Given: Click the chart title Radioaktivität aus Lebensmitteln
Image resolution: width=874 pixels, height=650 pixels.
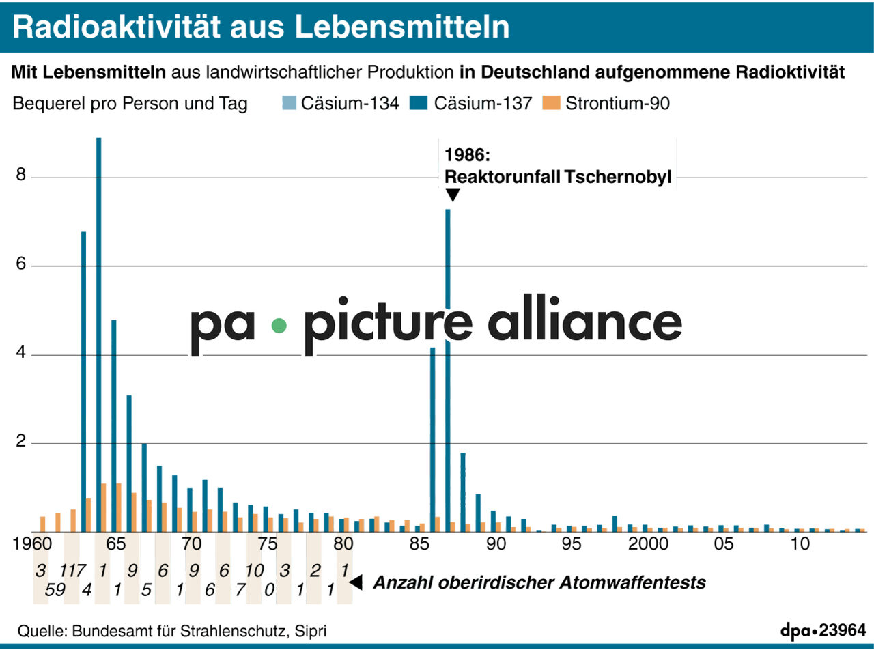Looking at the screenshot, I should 261,26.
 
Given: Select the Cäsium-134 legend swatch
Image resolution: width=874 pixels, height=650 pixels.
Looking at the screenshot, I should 288,104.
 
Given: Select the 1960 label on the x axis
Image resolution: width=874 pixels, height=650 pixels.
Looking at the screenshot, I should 32,544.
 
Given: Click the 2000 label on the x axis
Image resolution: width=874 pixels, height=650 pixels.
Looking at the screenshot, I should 648,544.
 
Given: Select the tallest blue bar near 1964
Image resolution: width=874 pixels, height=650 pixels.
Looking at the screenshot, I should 99,335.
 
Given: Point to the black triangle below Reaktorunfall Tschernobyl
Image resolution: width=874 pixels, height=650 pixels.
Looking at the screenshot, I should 452,195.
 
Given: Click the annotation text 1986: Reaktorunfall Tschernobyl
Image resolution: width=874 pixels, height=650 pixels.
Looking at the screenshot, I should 557,166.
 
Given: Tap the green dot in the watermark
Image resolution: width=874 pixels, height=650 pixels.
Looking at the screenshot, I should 279,326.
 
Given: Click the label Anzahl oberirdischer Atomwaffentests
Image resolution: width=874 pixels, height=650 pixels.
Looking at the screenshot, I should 539,583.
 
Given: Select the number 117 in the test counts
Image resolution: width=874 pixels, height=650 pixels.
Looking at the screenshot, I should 72,571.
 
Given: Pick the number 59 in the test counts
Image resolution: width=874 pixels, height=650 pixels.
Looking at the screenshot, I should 55,590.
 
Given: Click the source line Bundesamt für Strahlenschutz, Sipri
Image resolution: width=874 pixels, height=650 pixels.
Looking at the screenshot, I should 177,630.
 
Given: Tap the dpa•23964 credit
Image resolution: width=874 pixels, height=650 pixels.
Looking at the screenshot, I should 823,630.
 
